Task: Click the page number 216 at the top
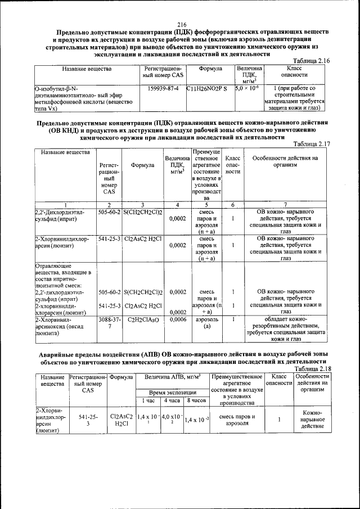[181, 24]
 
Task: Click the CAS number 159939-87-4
[163, 89]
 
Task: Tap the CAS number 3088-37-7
[109, 322]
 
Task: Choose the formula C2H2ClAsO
[143, 319]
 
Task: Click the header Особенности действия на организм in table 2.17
[286, 162]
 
